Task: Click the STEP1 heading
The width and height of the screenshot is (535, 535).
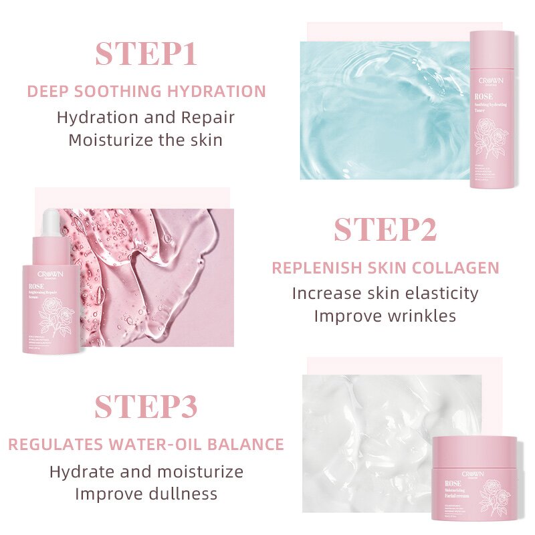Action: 146,54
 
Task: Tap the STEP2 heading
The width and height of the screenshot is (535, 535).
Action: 385,230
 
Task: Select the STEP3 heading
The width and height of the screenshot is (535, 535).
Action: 146,407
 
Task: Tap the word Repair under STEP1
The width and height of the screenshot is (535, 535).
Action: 208,117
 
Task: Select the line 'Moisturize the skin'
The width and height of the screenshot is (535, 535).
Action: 146,140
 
